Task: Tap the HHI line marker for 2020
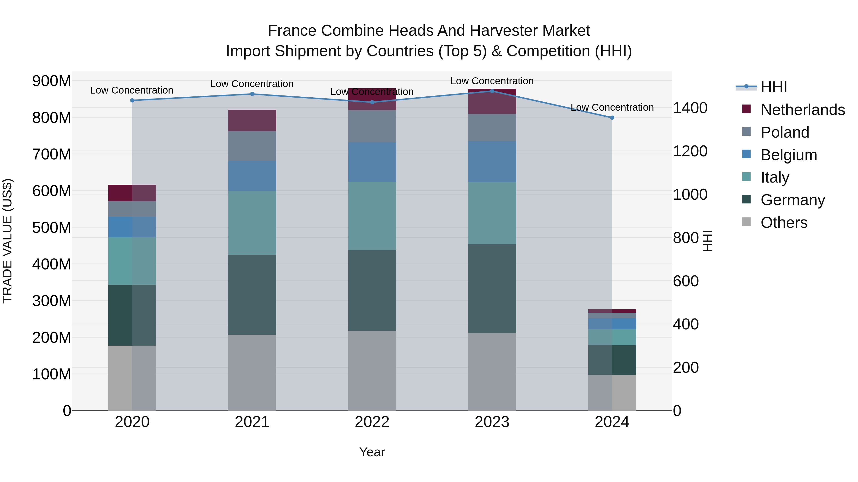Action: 132,100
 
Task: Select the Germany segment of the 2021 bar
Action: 252,295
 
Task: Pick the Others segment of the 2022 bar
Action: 372,371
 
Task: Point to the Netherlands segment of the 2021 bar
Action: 252,120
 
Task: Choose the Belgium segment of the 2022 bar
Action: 372,162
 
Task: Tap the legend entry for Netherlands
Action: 803,110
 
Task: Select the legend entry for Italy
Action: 775,177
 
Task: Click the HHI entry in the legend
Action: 774,87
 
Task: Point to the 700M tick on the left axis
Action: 52,154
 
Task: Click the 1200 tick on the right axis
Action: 690,151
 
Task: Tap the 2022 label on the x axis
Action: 372,422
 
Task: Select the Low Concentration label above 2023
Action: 492,81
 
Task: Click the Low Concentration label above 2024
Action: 612,107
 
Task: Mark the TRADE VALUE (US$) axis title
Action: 7,241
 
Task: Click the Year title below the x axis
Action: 372,452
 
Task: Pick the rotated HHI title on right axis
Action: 707,241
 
